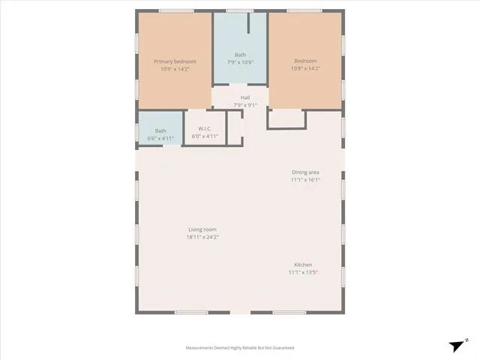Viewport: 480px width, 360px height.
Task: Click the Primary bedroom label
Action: point(175,61)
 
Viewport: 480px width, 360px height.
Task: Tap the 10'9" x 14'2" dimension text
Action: point(175,69)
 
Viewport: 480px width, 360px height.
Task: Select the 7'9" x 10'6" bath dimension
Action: point(240,62)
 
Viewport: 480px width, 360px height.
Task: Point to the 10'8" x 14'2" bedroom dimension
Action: point(305,68)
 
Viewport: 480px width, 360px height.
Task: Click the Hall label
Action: point(245,97)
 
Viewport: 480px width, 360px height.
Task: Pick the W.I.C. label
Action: point(205,128)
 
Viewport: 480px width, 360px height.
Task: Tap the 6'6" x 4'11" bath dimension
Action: point(160,138)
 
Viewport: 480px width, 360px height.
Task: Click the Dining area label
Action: point(305,172)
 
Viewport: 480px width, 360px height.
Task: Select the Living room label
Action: point(202,229)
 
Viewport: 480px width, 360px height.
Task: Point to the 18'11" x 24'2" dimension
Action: point(202,237)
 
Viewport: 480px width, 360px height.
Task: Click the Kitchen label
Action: point(303,265)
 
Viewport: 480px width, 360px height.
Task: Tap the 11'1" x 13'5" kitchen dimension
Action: point(303,272)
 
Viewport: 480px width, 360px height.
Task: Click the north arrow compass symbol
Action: point(458,345)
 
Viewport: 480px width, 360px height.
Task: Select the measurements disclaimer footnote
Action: point(240,348)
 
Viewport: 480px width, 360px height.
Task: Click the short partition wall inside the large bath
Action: point(248,23)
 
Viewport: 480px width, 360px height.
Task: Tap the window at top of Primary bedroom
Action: point(176,11)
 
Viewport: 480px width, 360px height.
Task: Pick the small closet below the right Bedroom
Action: point(286,119)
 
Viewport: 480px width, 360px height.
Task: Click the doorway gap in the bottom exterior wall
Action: point(240,313)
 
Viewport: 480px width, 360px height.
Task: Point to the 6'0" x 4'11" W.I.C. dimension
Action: point(205,136)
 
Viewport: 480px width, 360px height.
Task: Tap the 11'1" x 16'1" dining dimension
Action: point(305,180)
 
